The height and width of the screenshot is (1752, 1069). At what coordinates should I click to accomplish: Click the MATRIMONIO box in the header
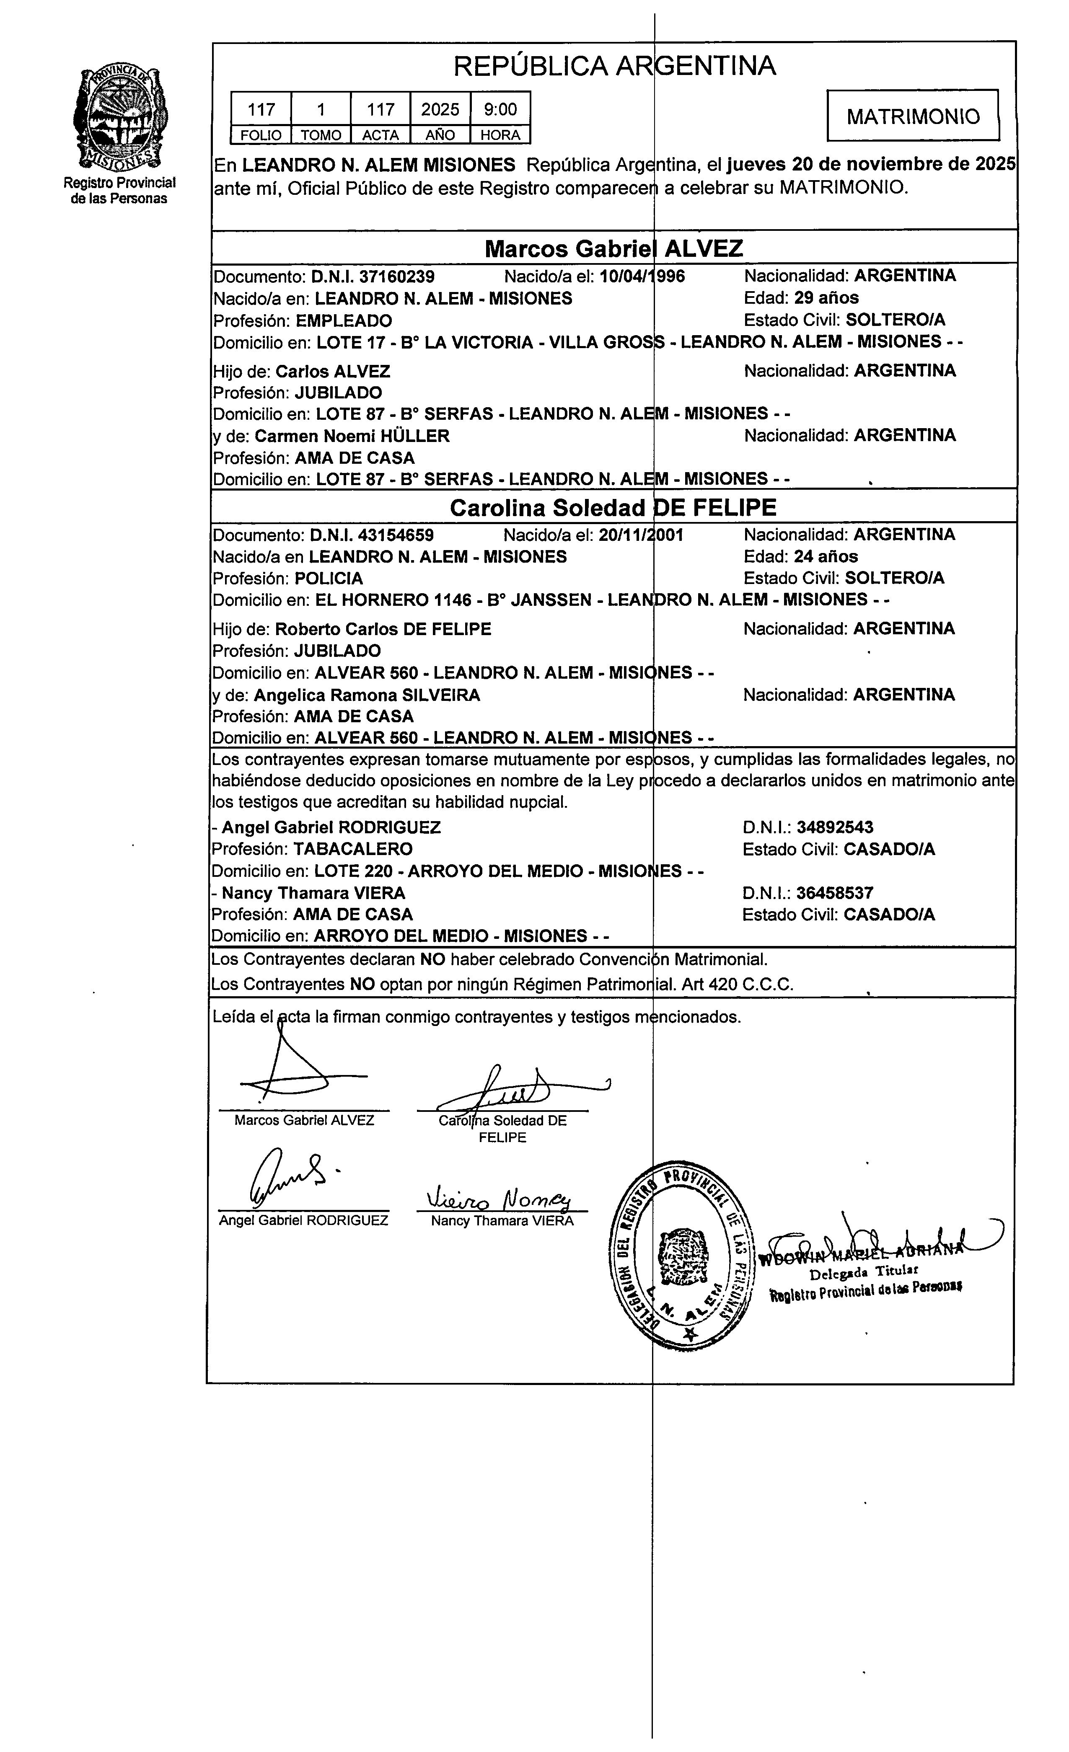pyautogui.click(x=913, y=116)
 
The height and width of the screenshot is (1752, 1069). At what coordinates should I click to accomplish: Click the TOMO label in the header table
pyautogui.click(x=321, y=135)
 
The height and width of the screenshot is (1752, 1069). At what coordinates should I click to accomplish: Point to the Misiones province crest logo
pyautogui.click(x=119, y=119)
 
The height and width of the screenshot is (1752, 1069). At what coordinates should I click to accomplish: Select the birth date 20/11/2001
pyautogui.click(x=641, y=535)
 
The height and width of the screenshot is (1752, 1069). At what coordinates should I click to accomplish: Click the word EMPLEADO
pyautogui.click(x=344, y=320)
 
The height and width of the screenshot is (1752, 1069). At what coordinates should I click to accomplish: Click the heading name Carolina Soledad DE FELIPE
pyautogui.click(x=613, y=508)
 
